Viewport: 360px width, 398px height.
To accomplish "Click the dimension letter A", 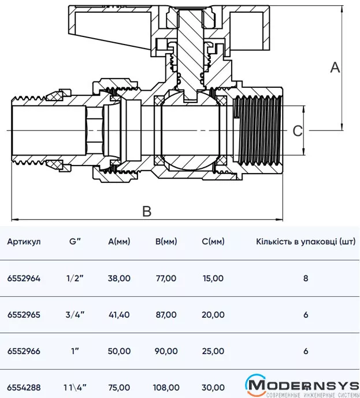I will pyautogui.click(x=335, y=68).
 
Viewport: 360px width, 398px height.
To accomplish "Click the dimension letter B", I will pyautogui.click(x=147, y=211).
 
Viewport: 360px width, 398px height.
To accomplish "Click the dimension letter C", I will pyautogui.click(x=297, y=131).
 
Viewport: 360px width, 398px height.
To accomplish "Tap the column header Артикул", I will pyautogui.click(x=24, y=241).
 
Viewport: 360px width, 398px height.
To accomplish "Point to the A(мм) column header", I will pyautogui.click(x=119, y=241).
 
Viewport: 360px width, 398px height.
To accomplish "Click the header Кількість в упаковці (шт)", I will pyautogui.click(x=305, y=241).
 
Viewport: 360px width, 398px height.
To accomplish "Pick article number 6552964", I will pyautogui.click(x=24, y=278).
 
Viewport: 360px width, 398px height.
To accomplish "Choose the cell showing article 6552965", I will pyautogui.click(x=24, y=315).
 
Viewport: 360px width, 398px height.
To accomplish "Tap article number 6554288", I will pyautogui.click(x=24, y=387).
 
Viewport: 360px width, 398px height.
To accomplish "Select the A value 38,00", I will pyautogui.click(x=119, y=278).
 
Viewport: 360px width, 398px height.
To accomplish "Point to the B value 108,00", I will pyautogui.click(x=166, y=387).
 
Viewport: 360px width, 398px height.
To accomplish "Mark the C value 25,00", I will pyautogui.click(x=213, y=351).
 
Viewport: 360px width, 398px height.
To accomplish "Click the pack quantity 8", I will pyautogui.click(x=305, y=278).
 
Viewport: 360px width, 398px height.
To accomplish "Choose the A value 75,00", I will pyautogui.click(x=119, y=387).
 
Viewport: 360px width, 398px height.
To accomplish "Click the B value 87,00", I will pyautogui.click(x=166, y=315).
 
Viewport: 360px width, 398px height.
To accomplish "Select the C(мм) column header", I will pyautogui.click(x=213, y=241).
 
